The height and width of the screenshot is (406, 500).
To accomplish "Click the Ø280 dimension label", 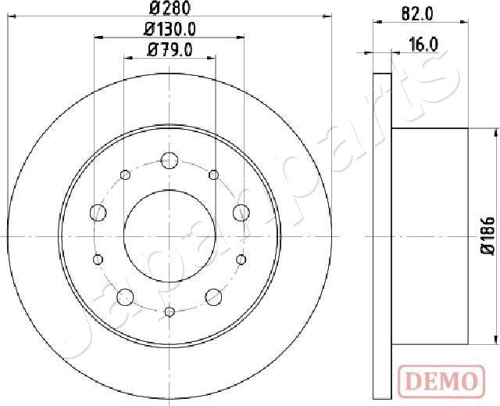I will (x=170, y=10).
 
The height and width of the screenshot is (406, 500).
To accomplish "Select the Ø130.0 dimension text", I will (x=170, y=31).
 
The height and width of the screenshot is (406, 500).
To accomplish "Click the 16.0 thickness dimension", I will (x=422, y=44).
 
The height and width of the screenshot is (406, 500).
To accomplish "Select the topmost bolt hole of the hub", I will (x=170, y=160).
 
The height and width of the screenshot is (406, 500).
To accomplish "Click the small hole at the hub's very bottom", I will (x=170, y=312).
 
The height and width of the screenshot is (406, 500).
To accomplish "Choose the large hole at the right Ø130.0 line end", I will (x=241, y=211).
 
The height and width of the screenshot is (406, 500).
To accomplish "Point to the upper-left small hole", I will (x=125, y=174).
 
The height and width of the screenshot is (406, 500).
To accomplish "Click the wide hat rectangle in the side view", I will (x=429, y=235).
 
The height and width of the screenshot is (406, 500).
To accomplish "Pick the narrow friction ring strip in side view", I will (x=382, y=235).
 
